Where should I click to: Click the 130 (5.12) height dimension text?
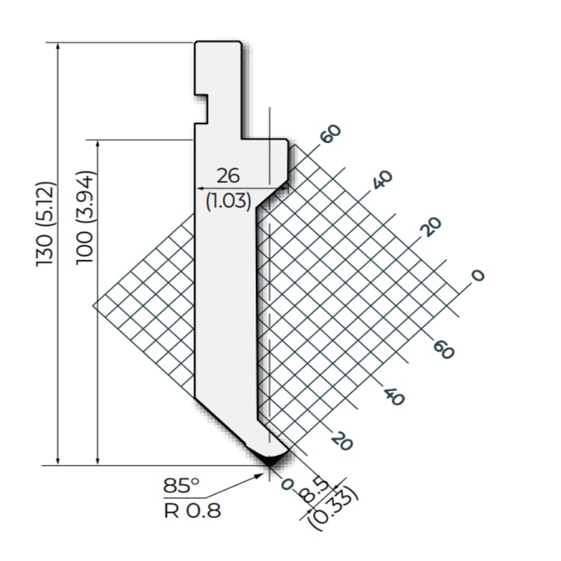coord(46,224)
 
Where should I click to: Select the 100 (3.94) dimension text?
coord(85,218)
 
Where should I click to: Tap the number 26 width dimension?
coord(229,176)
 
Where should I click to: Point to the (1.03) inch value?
coord(229,201)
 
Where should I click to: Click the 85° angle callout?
coord(181,486)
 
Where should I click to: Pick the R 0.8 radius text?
coord(192,511)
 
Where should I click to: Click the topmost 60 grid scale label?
coord(330,134)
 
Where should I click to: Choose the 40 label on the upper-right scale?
coord(382,180)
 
